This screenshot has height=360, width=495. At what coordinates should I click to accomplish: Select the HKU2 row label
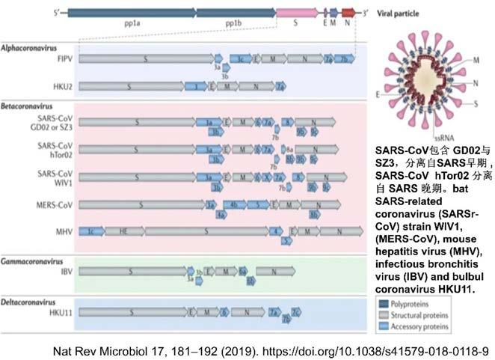tap(62, 86)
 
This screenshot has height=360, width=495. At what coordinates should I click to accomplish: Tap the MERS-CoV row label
tap(56, 204)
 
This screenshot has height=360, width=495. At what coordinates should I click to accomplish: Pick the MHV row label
tap(64, 232)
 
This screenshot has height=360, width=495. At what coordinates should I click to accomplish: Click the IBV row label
tap(65, 271)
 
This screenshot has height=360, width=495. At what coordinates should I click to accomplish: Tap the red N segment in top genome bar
tap(348, 13)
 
